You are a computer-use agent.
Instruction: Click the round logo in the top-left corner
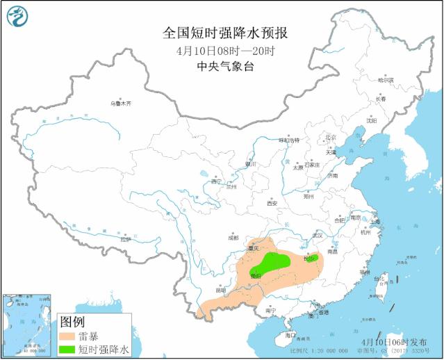point(19,17)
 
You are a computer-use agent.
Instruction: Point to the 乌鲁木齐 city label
point(120,104)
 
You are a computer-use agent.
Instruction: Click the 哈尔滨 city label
point(386,80)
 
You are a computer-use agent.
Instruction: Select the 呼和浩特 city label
point(288,140)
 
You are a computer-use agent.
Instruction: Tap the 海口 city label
point(290,335)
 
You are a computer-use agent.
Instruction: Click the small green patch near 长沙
point(309,259)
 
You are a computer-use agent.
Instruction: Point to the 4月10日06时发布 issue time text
point(394,342)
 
